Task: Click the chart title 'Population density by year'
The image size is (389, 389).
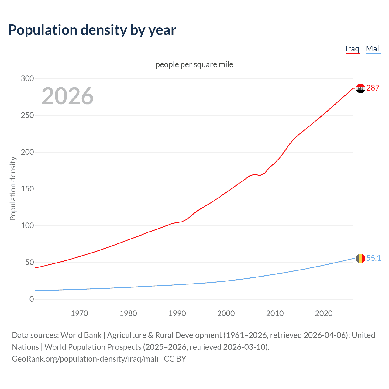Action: (x=92, y=30)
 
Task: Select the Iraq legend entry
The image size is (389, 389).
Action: (x=352, y=49)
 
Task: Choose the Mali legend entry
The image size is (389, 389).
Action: (x=373, y=49)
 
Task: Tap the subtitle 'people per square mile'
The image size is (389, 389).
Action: (x=194, y=64)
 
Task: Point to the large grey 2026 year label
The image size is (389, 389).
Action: (x=67, y=96)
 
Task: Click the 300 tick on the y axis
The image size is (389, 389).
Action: (x=27, y=78)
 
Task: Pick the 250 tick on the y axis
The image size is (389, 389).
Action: (x=27, y=115)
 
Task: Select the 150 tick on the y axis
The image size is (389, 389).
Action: (x=27, y=189)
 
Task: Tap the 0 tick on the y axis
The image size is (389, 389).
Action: (x=32, y=299)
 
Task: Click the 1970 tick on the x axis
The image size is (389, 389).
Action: (x=79, y=313)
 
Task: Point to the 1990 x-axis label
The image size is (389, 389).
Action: (x=177, y=313)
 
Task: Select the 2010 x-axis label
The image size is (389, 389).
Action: (x=275, y=313)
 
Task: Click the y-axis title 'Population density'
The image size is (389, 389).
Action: (x=13, y=188)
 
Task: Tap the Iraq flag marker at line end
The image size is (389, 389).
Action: (x=360, y=88)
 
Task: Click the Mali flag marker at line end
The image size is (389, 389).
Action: (x=360, y=259)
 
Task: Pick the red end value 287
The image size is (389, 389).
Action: (x=373, y=88)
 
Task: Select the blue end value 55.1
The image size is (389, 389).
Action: (x=374, y=258)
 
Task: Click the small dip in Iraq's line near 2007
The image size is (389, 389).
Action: (x=260, y=175)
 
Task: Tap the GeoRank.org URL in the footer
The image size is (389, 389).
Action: (x=85, y=359)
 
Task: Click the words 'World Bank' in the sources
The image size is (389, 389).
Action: (x=81, y=335)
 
